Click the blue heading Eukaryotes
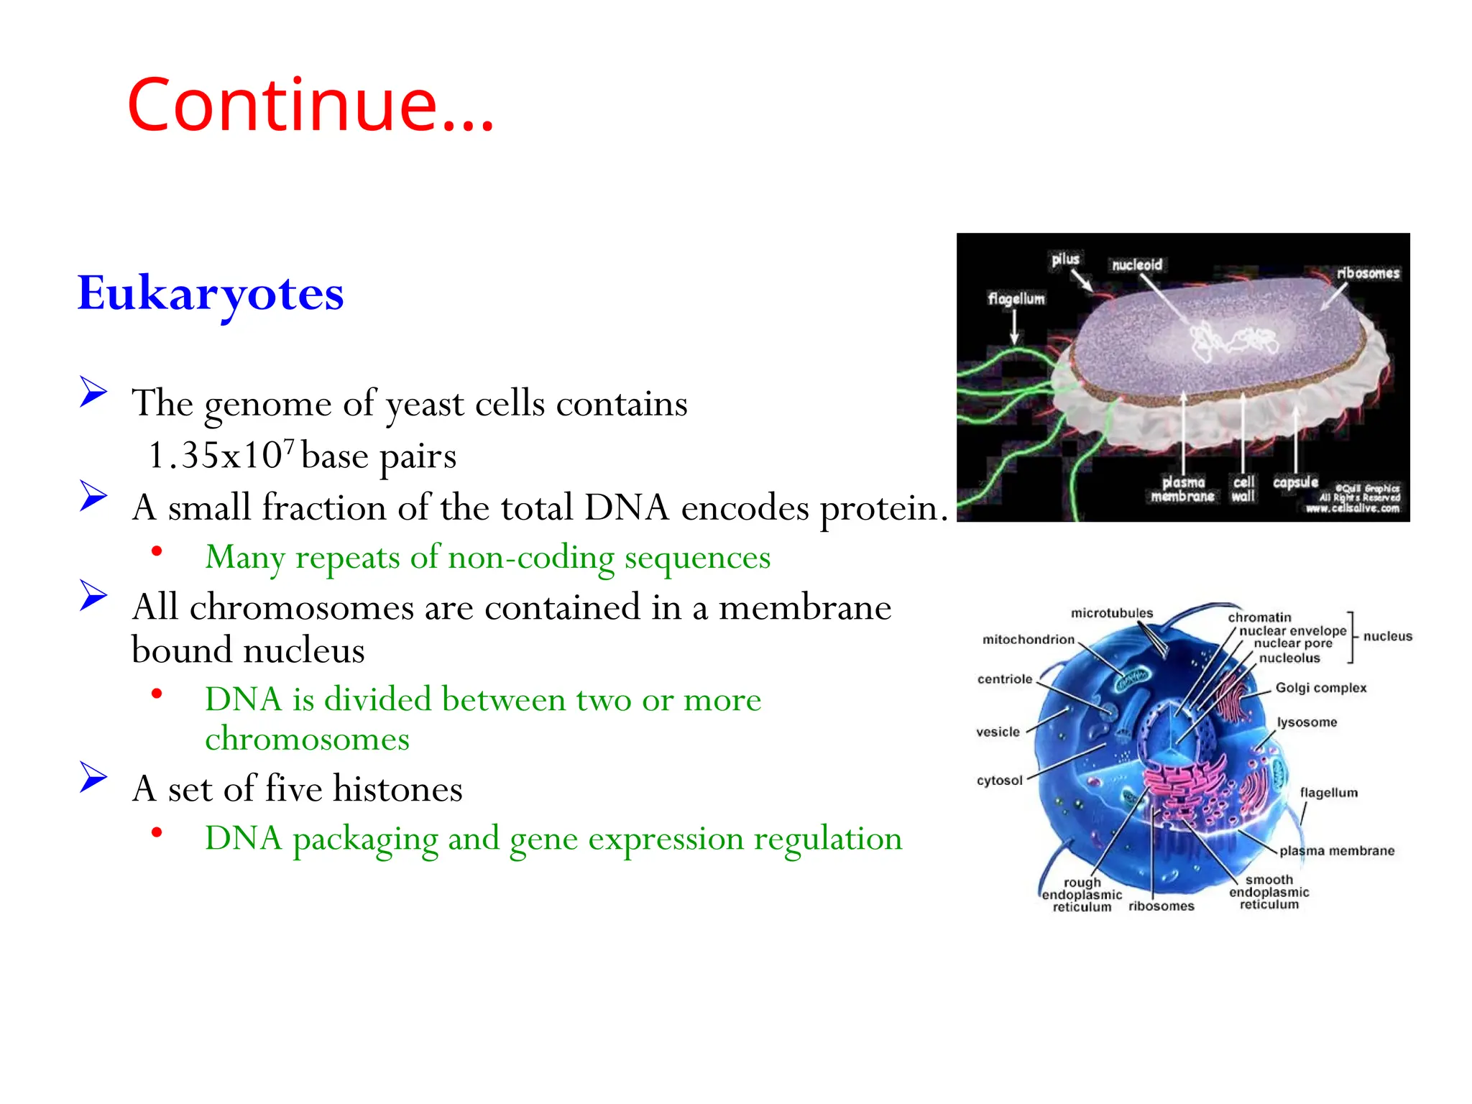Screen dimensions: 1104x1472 211,293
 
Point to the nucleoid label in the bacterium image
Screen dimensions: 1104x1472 1136,265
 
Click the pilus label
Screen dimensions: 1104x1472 1065,259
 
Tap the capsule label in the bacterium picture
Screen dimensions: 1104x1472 1295,482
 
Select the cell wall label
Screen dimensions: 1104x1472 1243,489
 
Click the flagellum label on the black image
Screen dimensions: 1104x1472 1016,298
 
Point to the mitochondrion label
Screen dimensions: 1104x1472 1028,640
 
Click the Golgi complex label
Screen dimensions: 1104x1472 1320,688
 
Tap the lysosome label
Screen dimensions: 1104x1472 1307,722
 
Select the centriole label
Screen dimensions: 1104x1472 1004,679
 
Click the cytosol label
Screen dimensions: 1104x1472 999,781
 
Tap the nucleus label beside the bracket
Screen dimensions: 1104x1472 1387,636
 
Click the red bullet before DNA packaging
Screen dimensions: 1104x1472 157,832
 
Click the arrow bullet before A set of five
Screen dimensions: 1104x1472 93,777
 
